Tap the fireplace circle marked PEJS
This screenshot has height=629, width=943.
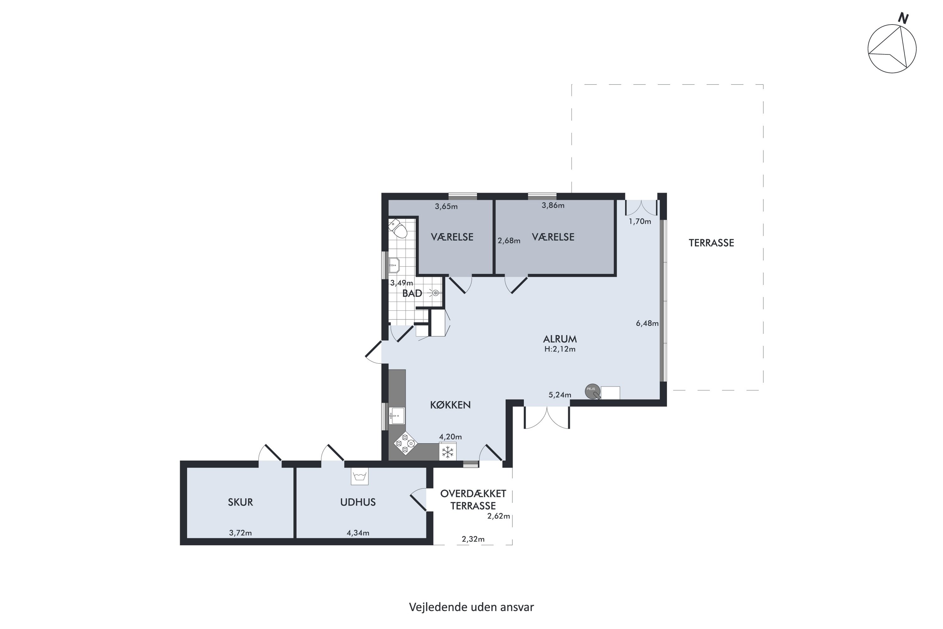click(593, 392)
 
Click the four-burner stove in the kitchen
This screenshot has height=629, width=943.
click(405, 443)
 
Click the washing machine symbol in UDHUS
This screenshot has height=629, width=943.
click(360, 476)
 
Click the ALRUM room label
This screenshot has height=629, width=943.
click(560, 339)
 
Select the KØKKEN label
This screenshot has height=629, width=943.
click(450, 405)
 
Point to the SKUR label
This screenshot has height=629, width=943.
click(240, 502)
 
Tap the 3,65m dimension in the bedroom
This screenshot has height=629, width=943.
click(446, 207)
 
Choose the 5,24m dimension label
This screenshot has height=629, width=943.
click(560, 395)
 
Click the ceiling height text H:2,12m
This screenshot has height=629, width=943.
click(560, 349)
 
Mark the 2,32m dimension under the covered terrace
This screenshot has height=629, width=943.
click(473, 539)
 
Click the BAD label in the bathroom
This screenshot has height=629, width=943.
click(412, 293)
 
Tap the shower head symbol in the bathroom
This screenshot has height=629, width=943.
click(435, 293)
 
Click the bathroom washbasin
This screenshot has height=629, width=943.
click(394, 265)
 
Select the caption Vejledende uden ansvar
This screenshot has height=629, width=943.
click(472, 607)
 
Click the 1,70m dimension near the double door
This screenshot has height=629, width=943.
click(640, 221)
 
